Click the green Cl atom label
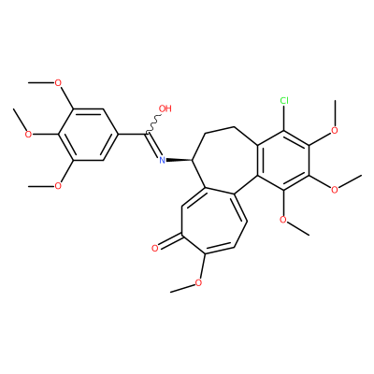[284, 100]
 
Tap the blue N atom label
[162, 160]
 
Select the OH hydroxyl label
[165, 108]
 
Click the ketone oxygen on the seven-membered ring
[155, 248]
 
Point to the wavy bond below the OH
[152, 124]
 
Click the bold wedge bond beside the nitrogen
[180, 160]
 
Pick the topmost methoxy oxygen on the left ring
[58, 83]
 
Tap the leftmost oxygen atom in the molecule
[28, 135]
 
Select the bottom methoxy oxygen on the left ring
[58, 186]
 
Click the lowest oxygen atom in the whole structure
[198, 282]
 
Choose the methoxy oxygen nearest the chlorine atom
[335, 130]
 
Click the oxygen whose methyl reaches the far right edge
[335, 190]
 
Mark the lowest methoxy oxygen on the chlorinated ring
[283, 219]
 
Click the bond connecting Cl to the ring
[284, 118]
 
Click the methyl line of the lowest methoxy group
[182, 288]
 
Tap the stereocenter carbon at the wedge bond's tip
[193, 160]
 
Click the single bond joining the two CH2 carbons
[220, 130]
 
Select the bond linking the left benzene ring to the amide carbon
[132, 135]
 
